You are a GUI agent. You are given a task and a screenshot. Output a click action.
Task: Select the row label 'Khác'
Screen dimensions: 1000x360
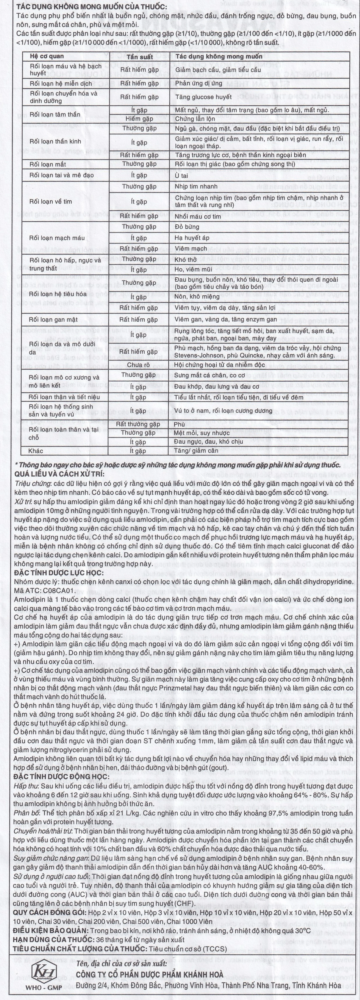coord(36,451)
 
